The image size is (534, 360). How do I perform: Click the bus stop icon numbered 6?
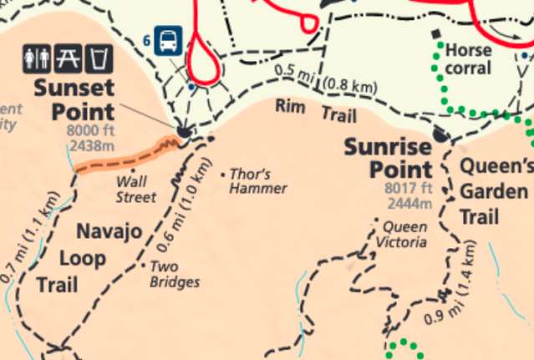coord(167,39)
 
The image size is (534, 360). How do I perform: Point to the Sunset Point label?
coord(74,99)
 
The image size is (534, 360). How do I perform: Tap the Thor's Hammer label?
coord(258,181)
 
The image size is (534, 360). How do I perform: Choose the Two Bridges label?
coord(175,274)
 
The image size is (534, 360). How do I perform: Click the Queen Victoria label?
coord(405,235)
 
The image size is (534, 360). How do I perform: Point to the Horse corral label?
coord(470,58)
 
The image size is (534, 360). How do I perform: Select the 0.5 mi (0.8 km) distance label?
coord(325,80)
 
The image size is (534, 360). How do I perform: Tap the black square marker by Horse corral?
coord(435,34)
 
